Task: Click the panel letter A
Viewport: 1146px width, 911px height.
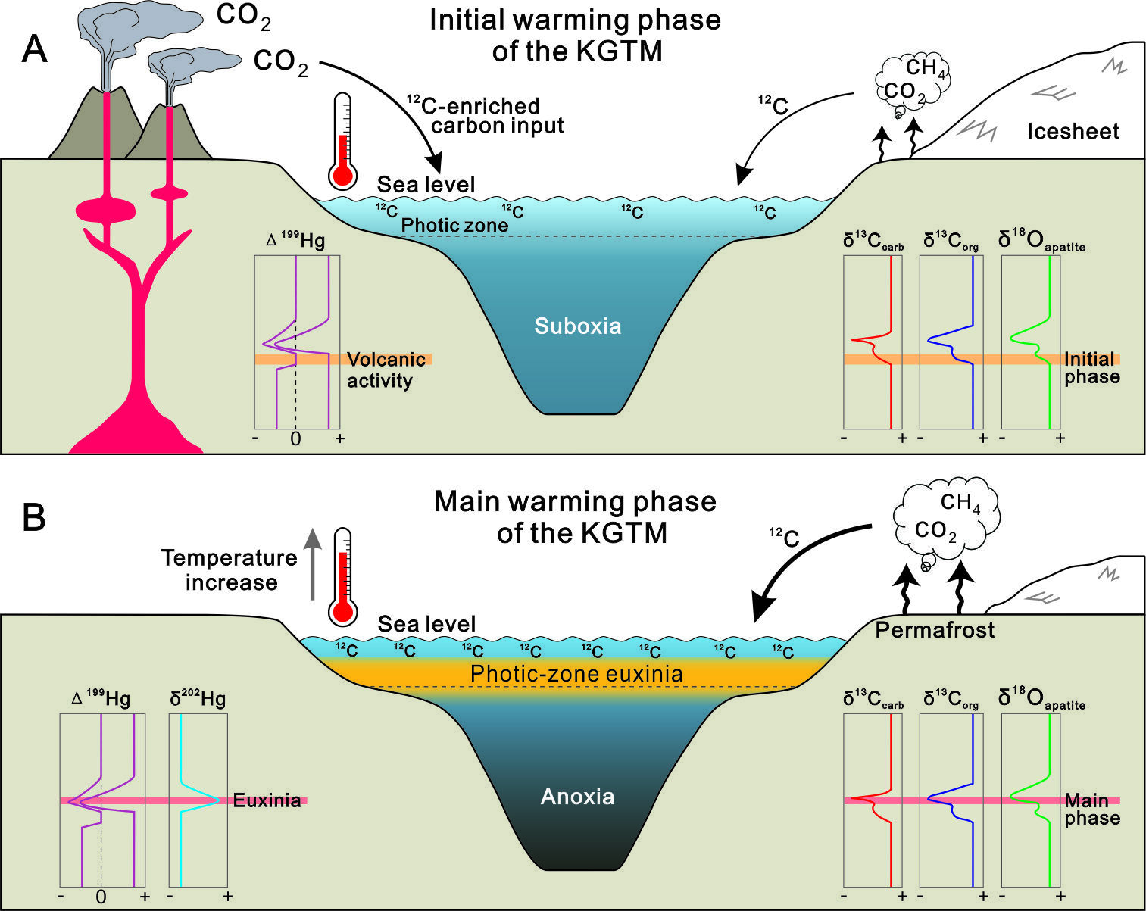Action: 35,49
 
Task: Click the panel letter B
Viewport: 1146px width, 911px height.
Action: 34,517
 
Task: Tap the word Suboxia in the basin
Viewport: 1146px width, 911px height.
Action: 578,326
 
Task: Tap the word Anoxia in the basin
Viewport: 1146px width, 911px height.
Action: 578,797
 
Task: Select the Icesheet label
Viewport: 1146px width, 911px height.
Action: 1073,131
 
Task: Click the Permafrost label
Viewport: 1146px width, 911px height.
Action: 935,630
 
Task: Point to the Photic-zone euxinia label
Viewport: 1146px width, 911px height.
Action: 576,674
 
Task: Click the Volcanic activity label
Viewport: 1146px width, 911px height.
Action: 386,370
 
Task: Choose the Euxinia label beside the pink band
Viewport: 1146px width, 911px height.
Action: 267,800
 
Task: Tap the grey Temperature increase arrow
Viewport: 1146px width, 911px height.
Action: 313,564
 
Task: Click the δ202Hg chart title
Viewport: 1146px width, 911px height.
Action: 198,698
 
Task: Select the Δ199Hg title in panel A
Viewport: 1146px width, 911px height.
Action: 295,239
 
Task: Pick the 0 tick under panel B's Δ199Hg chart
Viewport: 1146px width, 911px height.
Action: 101,897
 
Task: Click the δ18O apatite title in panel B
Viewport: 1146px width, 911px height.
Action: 1041,698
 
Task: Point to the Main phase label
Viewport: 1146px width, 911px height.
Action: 1092,809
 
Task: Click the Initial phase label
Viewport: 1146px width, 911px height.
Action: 1092,367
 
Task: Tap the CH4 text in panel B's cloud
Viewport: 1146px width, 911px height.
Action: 960,503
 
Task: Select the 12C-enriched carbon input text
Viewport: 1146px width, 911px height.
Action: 485,116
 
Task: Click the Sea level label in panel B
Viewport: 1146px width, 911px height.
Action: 426,624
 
